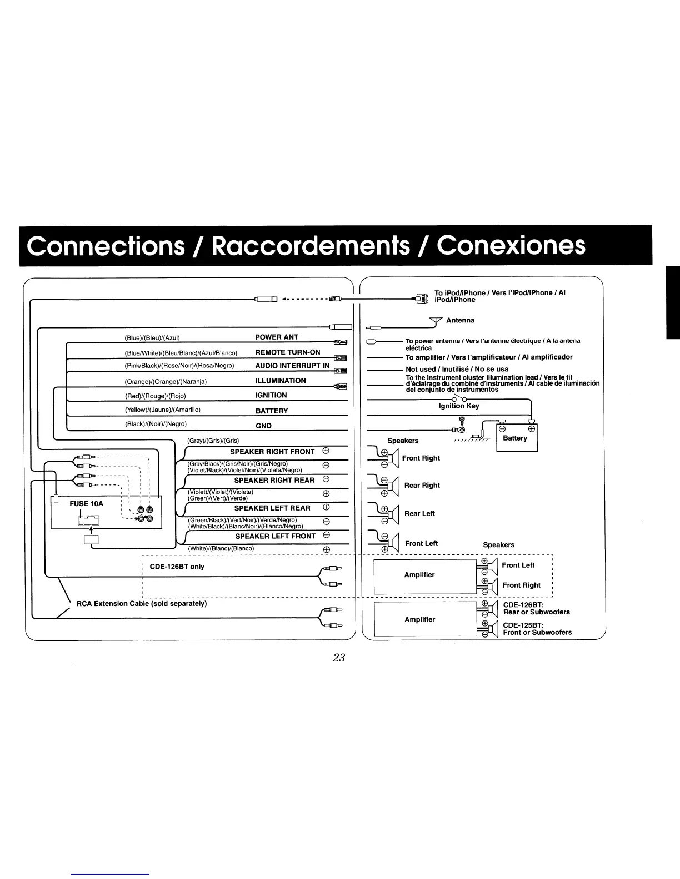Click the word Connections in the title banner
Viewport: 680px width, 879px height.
click(x=106, y=245)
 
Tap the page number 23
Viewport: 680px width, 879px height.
click(x=339, y=658)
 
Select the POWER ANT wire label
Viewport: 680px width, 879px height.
click(x=276, y=337)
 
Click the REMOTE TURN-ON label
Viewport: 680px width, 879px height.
click(x=287, y=352)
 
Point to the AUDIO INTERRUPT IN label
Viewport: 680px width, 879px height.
click(x=292, y=366)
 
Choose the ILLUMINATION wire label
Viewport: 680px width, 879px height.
click(x=280, y=381)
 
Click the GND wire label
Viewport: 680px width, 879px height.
click(x=263, y=426)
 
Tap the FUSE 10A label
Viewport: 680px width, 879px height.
click(x=86, y=503)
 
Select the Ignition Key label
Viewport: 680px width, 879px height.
click(x=458, y=406)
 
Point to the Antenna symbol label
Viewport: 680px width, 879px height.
click(x=460, y=320)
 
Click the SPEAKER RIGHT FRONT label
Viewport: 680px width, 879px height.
click(x=272, y=452)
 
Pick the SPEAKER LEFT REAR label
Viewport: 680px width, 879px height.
click(x=272, y=508)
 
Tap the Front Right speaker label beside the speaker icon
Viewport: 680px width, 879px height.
click(x=421, y=458)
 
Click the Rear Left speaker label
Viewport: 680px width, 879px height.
click(x=419, y=513)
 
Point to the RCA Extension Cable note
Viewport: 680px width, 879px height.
click(x=141, y=603)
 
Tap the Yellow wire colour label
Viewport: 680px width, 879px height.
click(x=162, y=410)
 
